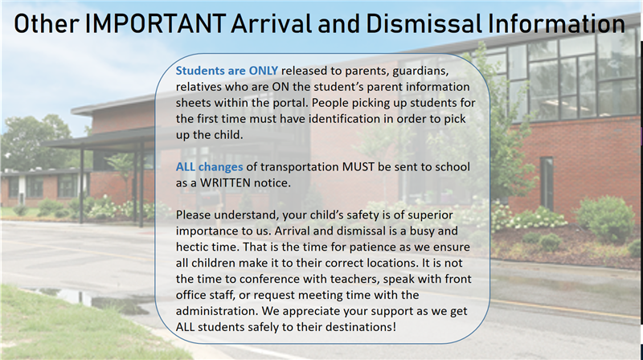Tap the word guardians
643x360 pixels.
434,70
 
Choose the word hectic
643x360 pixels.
196,247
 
